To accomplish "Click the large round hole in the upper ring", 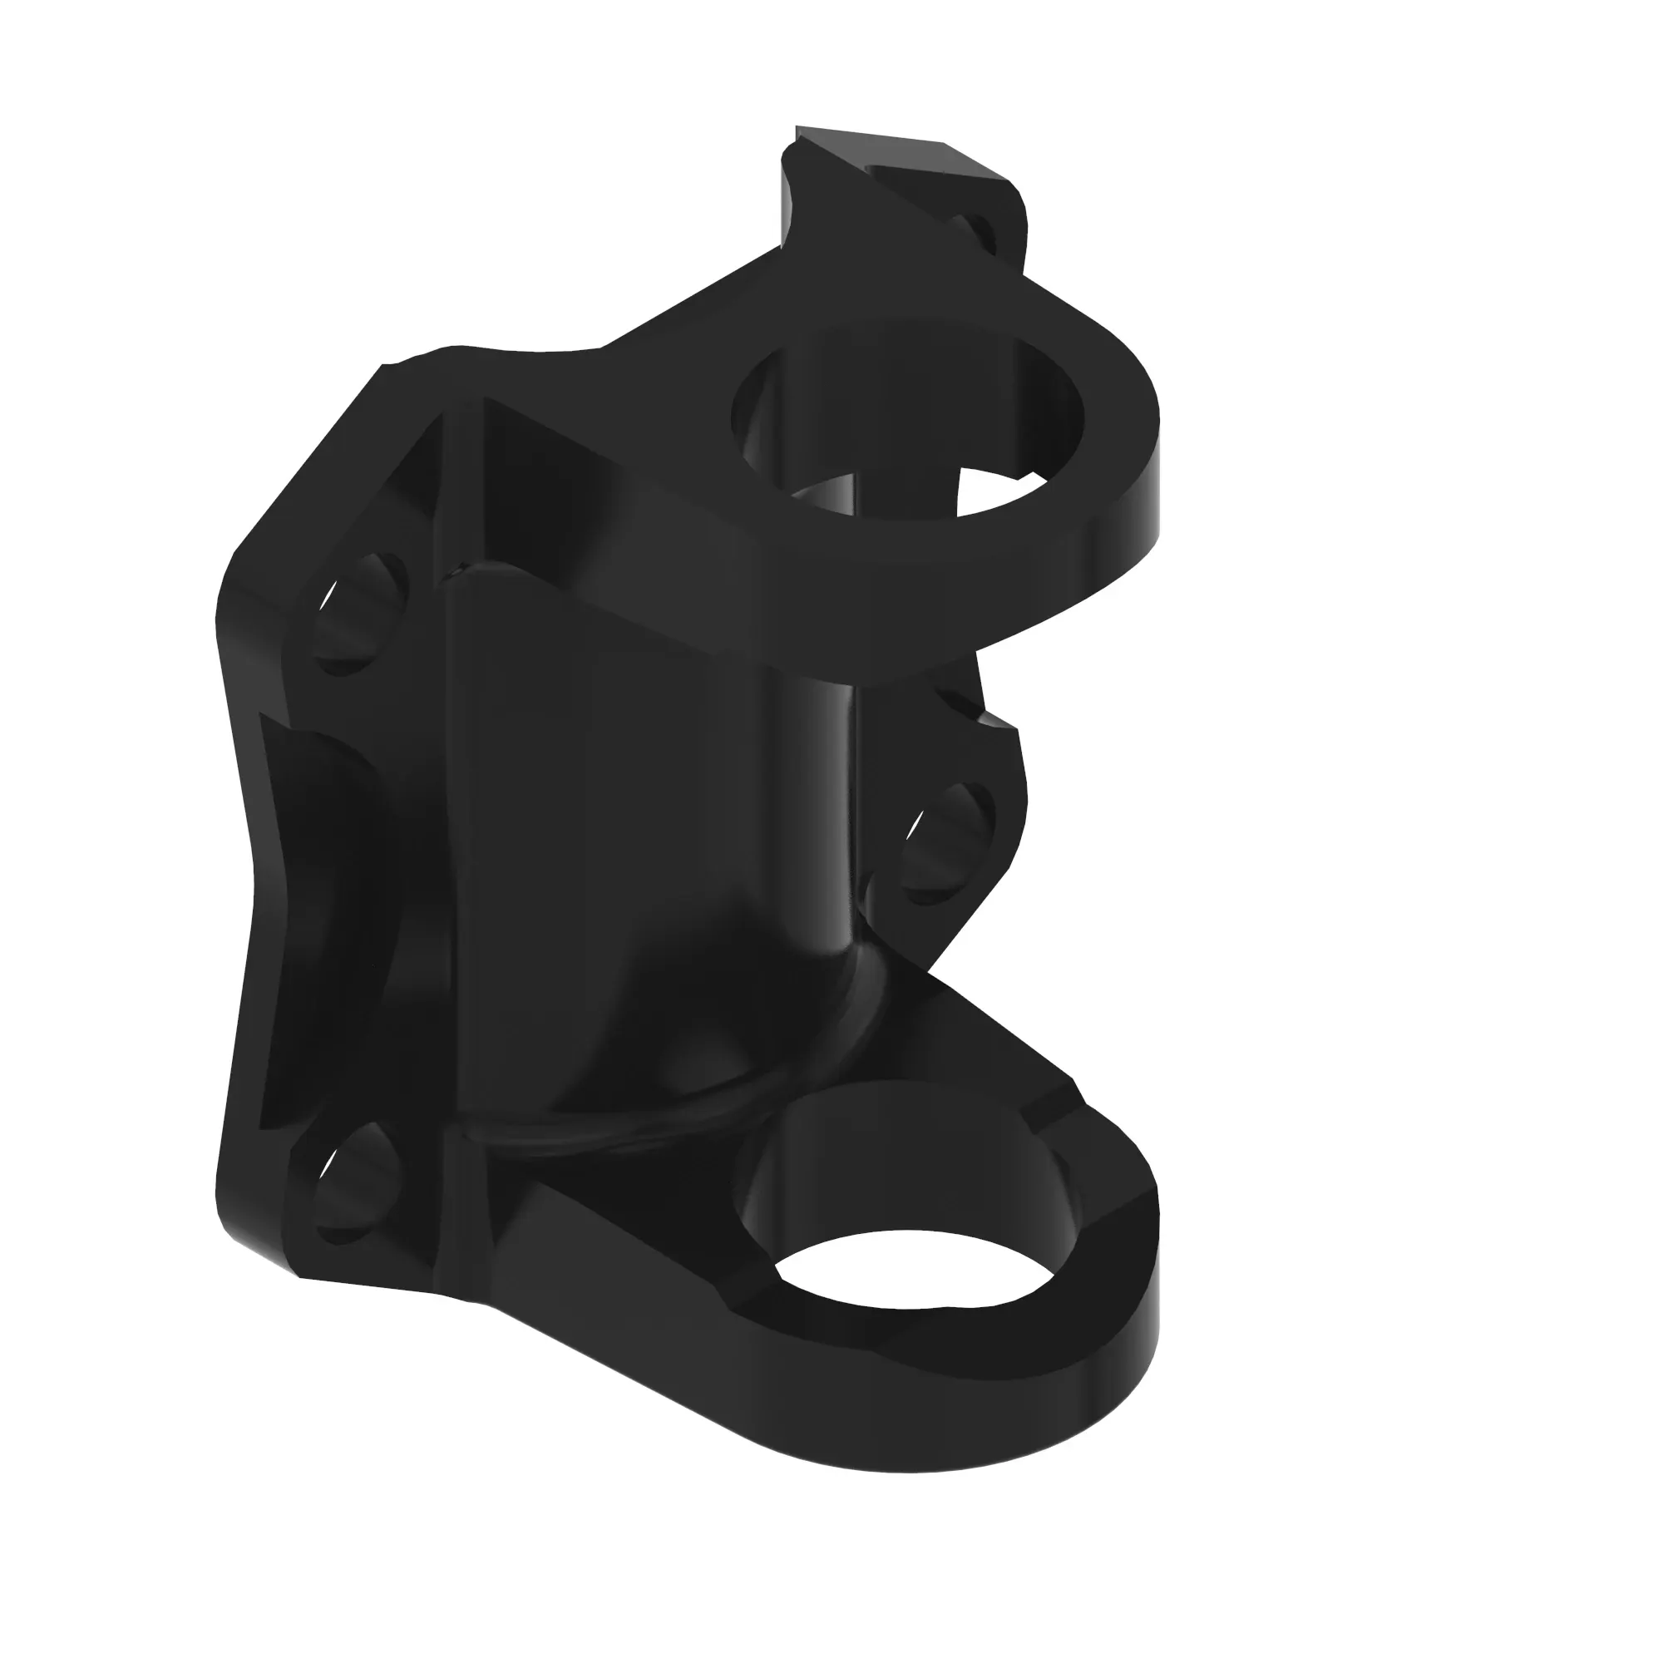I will (904, 413).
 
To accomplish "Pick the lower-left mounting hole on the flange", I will (358, 1183).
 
